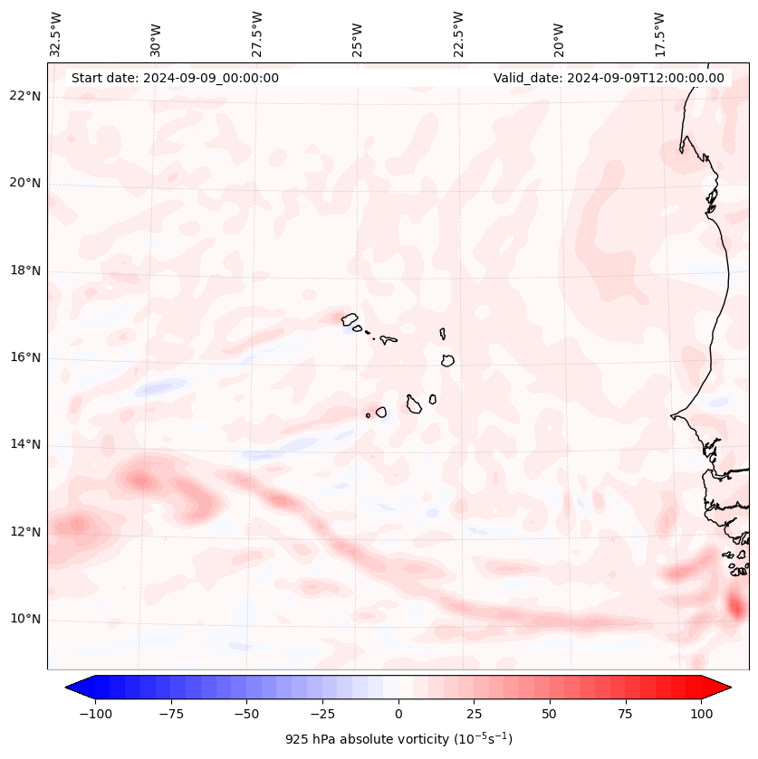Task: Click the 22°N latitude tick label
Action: (x=25, y=97)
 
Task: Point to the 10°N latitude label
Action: (x=25, y=620)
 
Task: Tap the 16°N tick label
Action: (x=25, y=358)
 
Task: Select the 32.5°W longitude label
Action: (x=56, y=33)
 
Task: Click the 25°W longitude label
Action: (x=359, y=33)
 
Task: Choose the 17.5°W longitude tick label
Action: (x=660, y=33)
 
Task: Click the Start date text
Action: (x=175, y=78)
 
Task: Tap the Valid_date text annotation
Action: (x=609, y=78)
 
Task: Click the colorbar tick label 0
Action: (x=398, y=714)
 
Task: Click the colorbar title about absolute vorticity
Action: (x=398, y=739)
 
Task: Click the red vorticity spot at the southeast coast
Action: (x=735, y=603)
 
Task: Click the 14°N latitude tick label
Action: (x=25, y=445)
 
